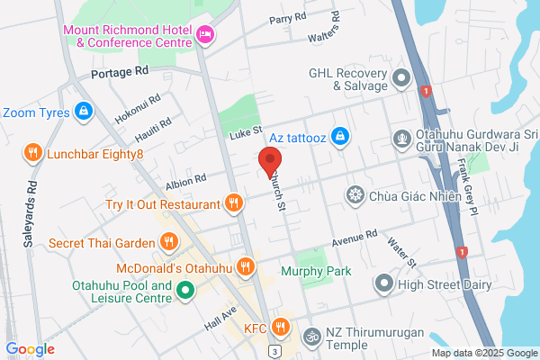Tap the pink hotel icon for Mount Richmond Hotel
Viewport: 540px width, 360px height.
pos(207,35)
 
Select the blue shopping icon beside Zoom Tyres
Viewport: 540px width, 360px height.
pos(83,112)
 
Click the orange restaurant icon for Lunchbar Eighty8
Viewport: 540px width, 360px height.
pos(33,153)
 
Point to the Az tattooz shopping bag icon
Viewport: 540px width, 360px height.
pos(339,136)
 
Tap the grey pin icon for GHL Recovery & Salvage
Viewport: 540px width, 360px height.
pos(402,78)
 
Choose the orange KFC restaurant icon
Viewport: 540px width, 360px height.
pos(282,328)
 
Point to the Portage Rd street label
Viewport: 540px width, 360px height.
pos(119,71)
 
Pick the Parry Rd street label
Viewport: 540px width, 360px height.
pos(288,19)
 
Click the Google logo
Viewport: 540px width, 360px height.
pos(31,349)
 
